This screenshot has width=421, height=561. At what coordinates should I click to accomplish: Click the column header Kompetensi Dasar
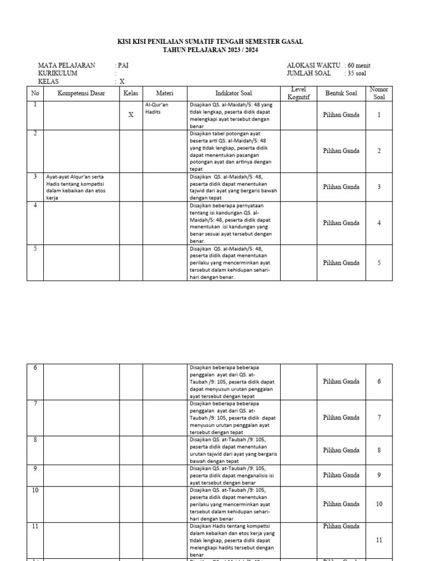[x=81, y=93]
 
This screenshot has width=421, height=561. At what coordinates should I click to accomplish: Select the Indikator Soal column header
[x=233, y=93]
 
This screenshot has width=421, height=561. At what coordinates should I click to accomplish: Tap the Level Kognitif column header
[x=298, y=93]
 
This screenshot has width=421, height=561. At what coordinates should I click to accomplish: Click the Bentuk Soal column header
[x=341, y=93]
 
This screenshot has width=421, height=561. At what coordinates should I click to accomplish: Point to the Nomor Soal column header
[x=379, y=93]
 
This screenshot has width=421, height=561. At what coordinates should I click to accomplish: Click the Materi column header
[x=164, y=93]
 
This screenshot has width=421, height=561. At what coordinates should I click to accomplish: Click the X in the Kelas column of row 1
[x=130, y=115]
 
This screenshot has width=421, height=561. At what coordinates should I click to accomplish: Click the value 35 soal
[x=357, y=73]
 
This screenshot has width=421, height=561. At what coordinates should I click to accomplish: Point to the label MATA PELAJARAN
[x=66, y=66]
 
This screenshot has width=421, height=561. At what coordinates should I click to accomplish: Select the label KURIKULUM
[x=58, y=73]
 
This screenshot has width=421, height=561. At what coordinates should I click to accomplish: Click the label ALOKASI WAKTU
[x=313, y=66]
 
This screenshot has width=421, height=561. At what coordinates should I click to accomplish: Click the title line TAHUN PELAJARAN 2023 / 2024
[x=210, y=50]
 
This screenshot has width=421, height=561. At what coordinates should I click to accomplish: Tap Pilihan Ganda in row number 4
[x=341, y=223]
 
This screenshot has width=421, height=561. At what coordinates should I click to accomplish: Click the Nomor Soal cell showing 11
[x=379, y=540]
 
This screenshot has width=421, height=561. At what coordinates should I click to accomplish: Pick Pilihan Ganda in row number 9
[x=341, y=475]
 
